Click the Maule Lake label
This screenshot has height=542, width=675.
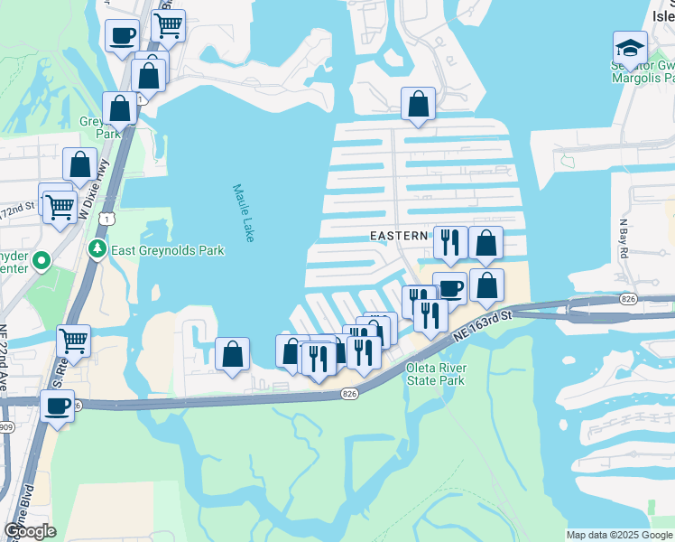tap(243, 212)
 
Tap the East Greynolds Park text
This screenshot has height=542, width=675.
tap(167, 250)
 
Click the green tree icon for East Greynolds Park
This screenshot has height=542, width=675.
tap(97, 248)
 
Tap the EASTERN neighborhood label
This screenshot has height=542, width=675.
tap(399, 236)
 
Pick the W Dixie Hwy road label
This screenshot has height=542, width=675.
tap(93, 184)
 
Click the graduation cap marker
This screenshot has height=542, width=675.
tap(629, 48)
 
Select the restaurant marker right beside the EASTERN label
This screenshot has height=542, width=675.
tap(449, 242)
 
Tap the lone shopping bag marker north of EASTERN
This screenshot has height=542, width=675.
tap(418, 104)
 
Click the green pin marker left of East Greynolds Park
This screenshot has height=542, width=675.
tap(41, 262)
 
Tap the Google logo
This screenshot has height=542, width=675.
tap(30, 531)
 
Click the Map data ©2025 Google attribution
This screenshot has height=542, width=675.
tap(620, 535)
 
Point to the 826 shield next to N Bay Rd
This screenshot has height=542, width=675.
tap(629, 298)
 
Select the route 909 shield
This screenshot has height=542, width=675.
tap(5, 426)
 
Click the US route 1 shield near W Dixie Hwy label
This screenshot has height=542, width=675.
tap(107, 220)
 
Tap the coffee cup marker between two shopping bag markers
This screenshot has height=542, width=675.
tap(449, 288)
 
